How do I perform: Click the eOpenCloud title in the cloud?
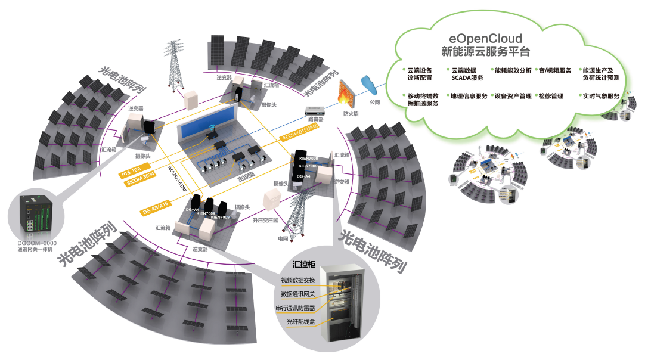click(485, 39)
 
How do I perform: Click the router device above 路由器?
click(315, 110)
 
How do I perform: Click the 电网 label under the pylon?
click(283, 238)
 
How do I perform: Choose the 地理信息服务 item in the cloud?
click(469, 96)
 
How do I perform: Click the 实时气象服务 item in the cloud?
click(601, 96)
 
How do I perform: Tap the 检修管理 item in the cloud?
click(551, 96)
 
